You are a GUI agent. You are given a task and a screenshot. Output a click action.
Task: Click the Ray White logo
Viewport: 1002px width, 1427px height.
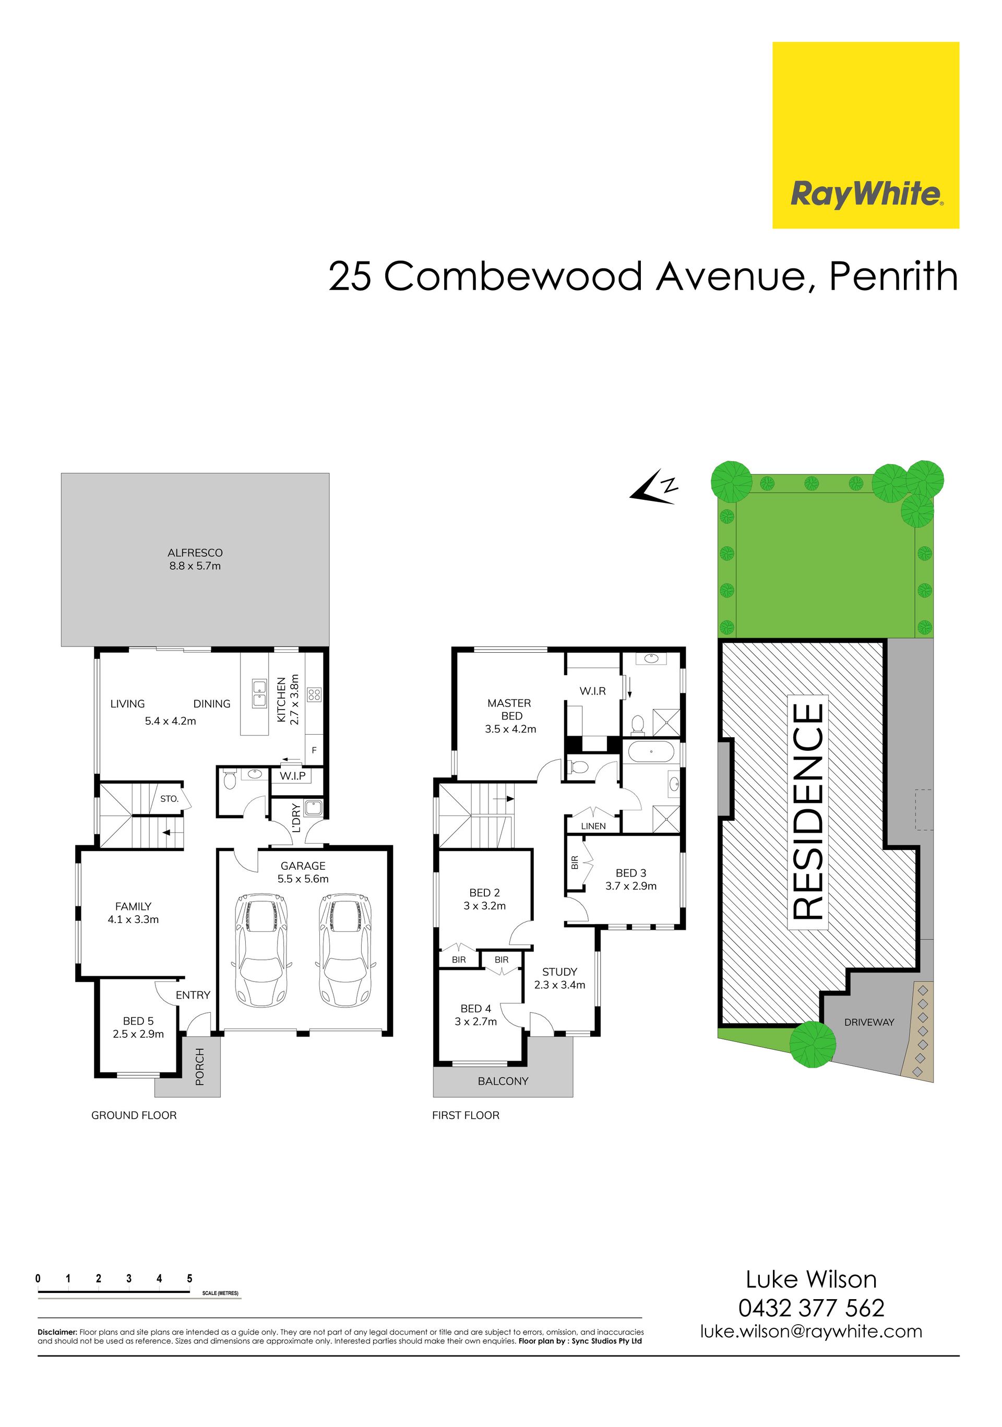click(x=865, y=135)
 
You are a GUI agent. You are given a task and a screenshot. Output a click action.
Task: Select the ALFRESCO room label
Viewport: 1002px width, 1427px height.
click(x=195, y=553)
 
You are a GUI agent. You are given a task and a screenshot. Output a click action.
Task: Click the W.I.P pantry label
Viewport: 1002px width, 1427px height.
click(x=292, y=776)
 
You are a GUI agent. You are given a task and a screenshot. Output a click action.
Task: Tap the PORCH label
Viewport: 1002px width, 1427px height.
click(x=199, y=1066)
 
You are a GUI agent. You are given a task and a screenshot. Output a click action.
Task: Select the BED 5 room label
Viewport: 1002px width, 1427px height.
click(x=138, y=1021)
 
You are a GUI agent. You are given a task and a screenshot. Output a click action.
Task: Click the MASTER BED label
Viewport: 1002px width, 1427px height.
click(x=510, y=709)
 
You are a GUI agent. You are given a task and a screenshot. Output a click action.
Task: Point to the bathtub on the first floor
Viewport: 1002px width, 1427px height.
click(x=651, y=751)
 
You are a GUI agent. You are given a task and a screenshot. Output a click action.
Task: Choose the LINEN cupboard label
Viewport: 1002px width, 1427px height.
click(x=593, y=826)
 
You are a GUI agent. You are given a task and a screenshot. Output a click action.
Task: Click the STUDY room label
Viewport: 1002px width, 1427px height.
click(x=559, y=972)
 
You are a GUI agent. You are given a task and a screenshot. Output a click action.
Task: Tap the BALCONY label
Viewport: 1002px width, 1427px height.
click(x=503, y=1081)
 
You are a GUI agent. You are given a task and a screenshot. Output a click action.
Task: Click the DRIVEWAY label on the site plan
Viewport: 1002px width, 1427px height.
click(x=869, y=1022)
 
